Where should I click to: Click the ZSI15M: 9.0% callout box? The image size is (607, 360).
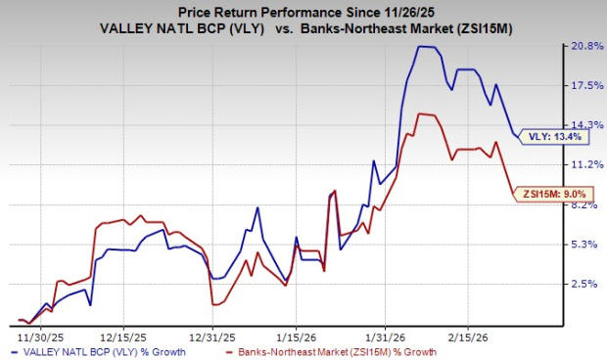point(552,194)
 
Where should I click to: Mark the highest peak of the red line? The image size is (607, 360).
point(420,113)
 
